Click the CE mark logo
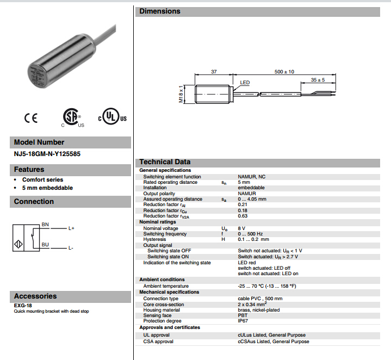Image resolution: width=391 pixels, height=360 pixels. click(x=30, y=118)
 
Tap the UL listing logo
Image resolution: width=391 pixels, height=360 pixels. click(x=112, y=117)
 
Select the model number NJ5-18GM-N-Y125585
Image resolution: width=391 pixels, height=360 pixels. click(x=47, y=154)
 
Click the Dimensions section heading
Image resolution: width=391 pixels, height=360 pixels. click(x=160, y=11)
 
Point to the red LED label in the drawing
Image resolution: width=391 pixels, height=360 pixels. click(x=245, y=83)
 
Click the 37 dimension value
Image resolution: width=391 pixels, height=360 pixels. click(x=214, y=72)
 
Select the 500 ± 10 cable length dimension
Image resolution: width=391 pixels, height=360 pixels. click(x=284, y=72)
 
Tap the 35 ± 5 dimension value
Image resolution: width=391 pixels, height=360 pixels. click(x=318, y=80)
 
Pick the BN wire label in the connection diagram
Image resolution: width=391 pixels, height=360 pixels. click(x=45, y=224)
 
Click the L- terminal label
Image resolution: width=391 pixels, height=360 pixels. click(x=71, y=248)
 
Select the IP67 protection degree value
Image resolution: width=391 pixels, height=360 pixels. click(x=243, y=321)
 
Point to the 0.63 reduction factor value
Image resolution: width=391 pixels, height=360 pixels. click(x=243, y=216)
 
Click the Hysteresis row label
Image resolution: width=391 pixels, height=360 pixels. click(x=154, y=239)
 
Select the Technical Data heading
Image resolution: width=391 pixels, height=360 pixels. click(x=165, y=162)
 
